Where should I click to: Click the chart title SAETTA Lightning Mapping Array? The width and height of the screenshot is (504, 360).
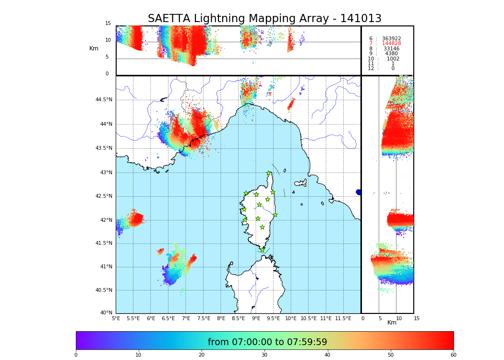[264, 19]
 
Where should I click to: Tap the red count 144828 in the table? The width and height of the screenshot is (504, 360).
[391, 44]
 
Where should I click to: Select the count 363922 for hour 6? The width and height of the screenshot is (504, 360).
[391, 39]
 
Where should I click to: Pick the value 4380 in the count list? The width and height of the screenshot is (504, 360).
[391, 54]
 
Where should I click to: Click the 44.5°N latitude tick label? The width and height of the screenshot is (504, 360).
[104, 100]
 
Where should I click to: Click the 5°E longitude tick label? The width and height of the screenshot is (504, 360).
[116, 319]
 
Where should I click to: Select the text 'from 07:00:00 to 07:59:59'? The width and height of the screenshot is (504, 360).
[267, 342]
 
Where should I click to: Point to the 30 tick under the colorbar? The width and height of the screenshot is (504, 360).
[264, 355]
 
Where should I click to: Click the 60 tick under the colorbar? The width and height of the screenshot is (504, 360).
[453, 355]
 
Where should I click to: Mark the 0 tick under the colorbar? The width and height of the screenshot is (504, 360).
[76, 355]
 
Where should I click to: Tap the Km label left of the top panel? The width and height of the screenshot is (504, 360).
[94, 48]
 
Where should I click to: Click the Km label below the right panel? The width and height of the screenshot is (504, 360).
[392, 323]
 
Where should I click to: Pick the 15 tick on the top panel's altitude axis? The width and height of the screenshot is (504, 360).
[108, 24]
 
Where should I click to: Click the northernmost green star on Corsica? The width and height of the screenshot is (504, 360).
[269, 173]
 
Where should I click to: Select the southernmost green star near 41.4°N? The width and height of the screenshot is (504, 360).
[262, 250]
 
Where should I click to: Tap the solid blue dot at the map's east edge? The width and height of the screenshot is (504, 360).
[359, 192]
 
